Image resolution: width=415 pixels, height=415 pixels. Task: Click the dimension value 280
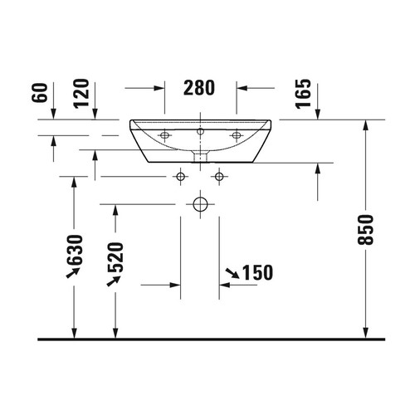pyautogui.click(x=199, y=86)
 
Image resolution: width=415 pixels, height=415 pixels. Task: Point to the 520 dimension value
pyautogui.click(x=115, y=259)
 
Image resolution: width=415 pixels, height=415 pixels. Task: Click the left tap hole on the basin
pyautogui.click(x=164, y=134)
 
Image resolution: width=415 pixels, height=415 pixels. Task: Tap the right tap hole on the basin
pyautogui.click(x=237, y=134)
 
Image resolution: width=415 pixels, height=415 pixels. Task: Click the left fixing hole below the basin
pyautogui.click(x=181, y=175)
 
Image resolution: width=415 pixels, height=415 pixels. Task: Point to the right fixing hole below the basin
pyautogui.click(x=219, y=175)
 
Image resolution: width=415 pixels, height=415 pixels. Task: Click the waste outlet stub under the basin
pyautogui.click(x=200, y=155)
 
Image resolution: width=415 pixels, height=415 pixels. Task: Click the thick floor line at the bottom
pyautogui.click(x=207, y=339)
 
